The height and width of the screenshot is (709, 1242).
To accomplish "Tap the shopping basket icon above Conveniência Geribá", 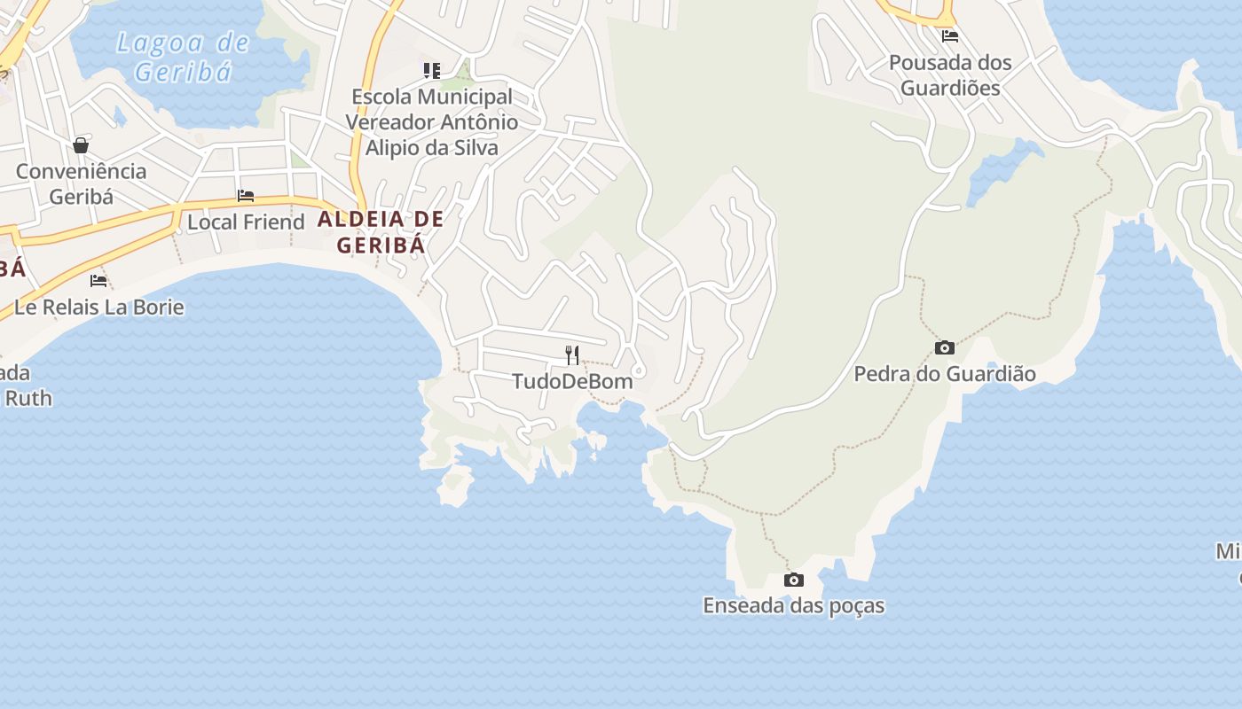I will tap(81, 145).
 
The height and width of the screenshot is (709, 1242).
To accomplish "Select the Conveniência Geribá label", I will tap(81, 183).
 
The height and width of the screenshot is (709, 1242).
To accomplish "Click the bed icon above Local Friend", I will tap(246, 196).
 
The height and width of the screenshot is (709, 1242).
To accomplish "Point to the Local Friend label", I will tap(246, 222).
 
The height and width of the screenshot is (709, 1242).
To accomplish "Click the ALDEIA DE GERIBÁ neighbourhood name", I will tap(381, 231).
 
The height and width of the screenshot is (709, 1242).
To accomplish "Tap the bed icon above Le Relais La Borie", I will tap(98, 281).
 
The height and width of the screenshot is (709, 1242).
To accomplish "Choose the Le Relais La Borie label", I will tap(99, 308).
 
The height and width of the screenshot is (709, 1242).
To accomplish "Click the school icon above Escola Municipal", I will tap(432, 70).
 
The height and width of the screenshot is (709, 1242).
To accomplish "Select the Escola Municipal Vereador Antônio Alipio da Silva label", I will tap(432, 122).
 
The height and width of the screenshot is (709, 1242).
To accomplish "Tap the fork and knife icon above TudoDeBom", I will tap(572, 355).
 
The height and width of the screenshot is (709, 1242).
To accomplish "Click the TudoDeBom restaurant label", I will tap(572, 382).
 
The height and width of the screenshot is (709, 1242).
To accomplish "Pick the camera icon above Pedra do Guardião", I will tap(945, 348).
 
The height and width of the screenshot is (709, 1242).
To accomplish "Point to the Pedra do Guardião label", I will tap(945, 374).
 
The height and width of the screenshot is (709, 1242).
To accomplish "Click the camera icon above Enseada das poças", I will tap(794, 580).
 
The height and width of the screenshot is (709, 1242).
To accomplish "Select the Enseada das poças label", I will tap(794, 606).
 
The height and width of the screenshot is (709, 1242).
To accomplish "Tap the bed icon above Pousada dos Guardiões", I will tap(950, 36).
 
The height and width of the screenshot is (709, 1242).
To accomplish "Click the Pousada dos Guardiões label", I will tap(950, 75).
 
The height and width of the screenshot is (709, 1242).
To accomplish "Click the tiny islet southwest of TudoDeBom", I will tap(456, 483).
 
